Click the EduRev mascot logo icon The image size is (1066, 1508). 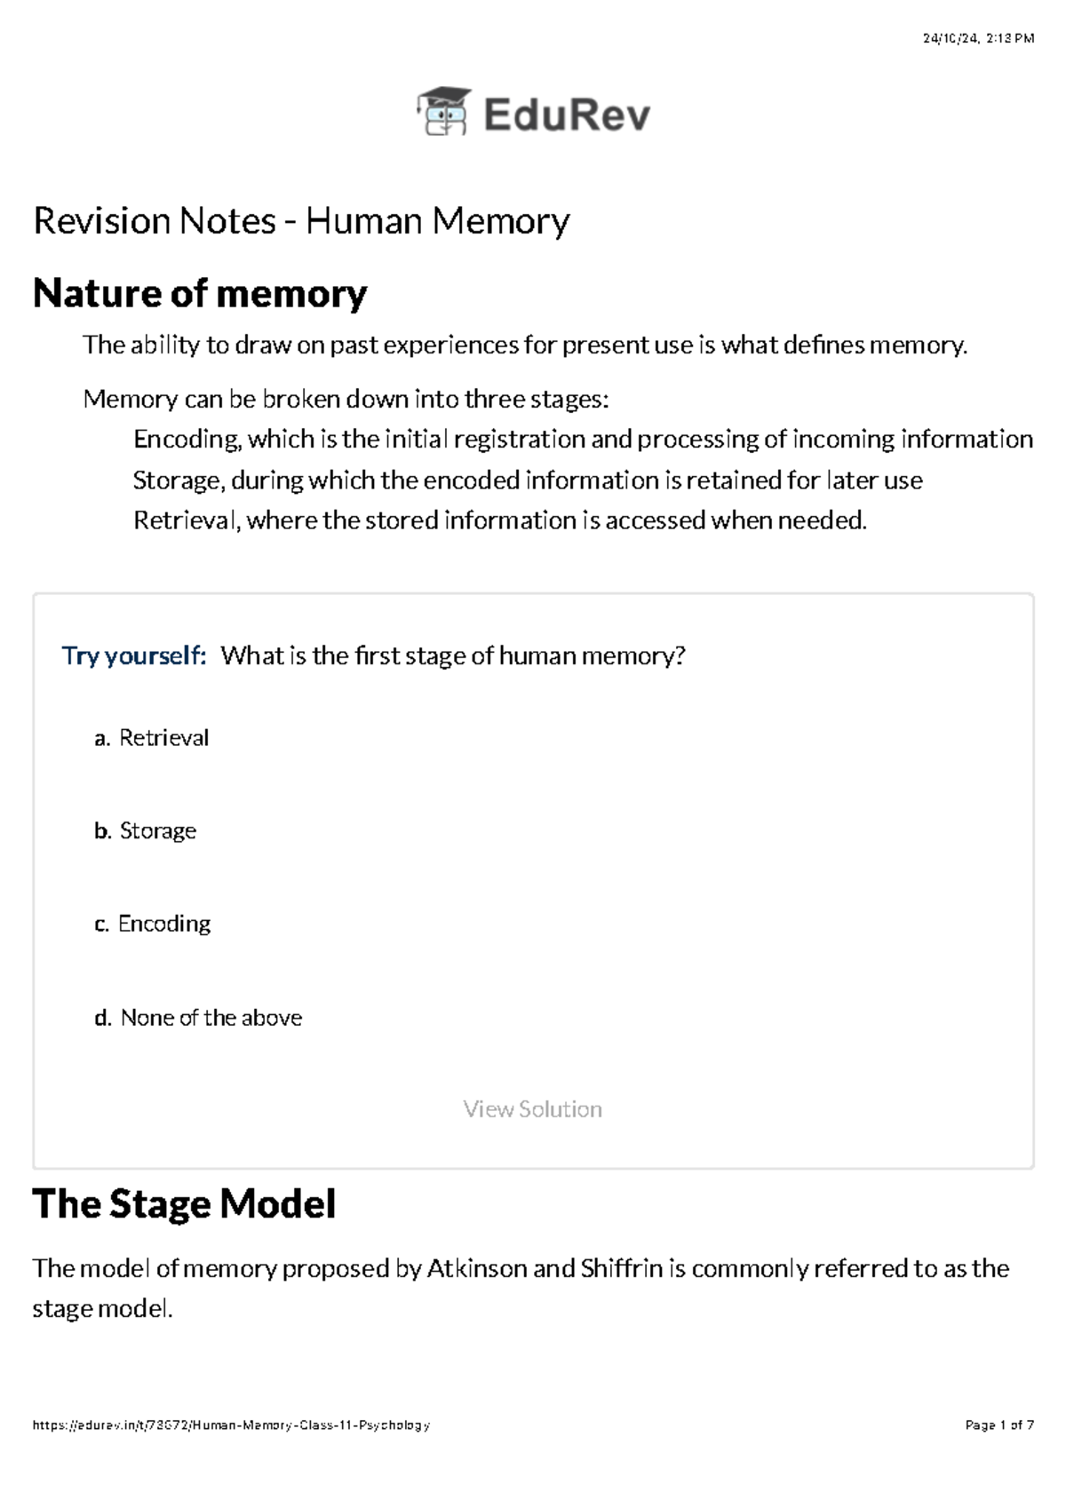click(x=443, y=111)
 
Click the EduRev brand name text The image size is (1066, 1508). click(x=567, y=115)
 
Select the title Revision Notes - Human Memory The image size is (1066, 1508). click(x=301, y=221)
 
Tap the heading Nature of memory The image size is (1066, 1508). click(x=200, y=294)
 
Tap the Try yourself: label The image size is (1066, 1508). click(x=134, y=655)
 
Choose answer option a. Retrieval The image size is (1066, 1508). click(x=152, y=738)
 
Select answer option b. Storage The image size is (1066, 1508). click(x=146, y=830)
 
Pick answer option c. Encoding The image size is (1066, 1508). click(x=152, y=924)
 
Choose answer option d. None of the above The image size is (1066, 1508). click(x=198, y=1017)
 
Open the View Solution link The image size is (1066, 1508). click(x=533, y=1108)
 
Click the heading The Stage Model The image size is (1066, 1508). click(x=184, y=1203)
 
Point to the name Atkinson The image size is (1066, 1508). click(x=477, y=1268)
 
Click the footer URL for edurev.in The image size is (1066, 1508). click(x=231, y=1425)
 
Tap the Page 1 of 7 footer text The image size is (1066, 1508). click(x=1000, y=1425)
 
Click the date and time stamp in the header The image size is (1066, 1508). click(x=978, y=38)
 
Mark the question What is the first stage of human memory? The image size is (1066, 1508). click(x=453, y=655)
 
